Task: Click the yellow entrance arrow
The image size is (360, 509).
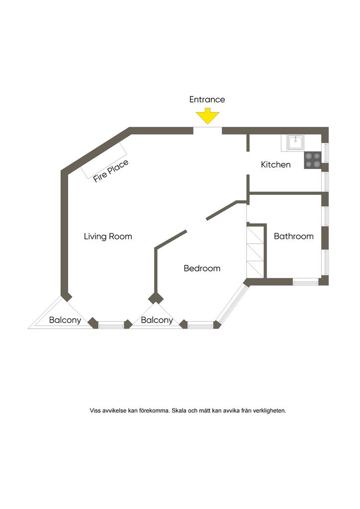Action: (207, 117)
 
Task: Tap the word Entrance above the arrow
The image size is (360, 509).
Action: (207, 99)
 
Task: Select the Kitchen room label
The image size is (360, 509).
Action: (275, 165)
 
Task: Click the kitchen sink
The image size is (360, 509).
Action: (296, 143)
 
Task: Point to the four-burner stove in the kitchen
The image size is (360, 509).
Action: (313, 160)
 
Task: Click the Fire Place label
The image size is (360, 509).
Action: (110, 170)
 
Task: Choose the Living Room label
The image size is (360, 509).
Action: (108, 236)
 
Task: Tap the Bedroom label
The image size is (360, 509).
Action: (202, 268)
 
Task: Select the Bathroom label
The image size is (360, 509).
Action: (293, 236)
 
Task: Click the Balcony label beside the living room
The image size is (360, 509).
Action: (65, 320)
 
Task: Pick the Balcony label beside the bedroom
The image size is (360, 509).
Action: (157, 320)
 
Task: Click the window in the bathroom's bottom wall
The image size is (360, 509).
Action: (305, 282)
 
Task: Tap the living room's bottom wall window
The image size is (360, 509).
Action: (111, 325)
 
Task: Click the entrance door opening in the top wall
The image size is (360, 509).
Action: (207, 131)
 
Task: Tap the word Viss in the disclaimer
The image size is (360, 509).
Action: (95, 411)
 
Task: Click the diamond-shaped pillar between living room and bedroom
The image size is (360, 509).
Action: (156, 298)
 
